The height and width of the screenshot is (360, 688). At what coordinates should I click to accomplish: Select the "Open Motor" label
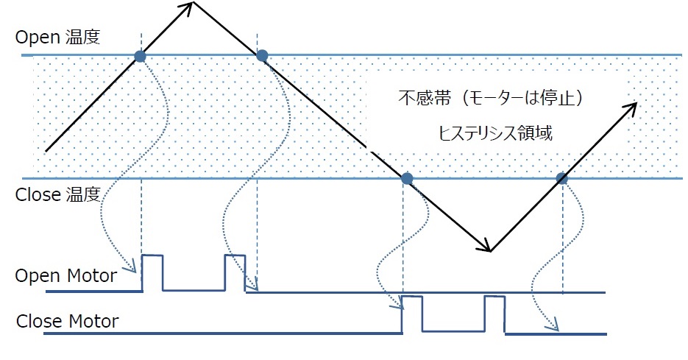pos(65,276)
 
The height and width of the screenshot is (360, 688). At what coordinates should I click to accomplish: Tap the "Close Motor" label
pos(67,322)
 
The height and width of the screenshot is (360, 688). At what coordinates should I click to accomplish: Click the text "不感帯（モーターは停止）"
pos(481,98)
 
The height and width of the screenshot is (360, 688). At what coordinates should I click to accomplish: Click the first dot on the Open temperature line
pos(140,55)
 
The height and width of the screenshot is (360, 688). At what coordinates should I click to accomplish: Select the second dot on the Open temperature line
pos(261,54)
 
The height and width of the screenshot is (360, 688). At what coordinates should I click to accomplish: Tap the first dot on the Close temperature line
pos(406,178)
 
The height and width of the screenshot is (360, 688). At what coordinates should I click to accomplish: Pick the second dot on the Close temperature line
pos(562,178)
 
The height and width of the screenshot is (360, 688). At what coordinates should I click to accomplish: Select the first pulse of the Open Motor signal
pos(152,272)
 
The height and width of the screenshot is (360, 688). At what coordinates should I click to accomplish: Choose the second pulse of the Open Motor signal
pos(235,272)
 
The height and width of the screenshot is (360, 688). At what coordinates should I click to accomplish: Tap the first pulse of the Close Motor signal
pos(412,314)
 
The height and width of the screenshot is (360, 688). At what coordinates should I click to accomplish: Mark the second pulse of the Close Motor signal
pos(495,314)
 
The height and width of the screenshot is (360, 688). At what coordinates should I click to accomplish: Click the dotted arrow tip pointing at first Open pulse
pos(138,271)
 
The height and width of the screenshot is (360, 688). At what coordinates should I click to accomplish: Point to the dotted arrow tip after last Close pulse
pos(556,328)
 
